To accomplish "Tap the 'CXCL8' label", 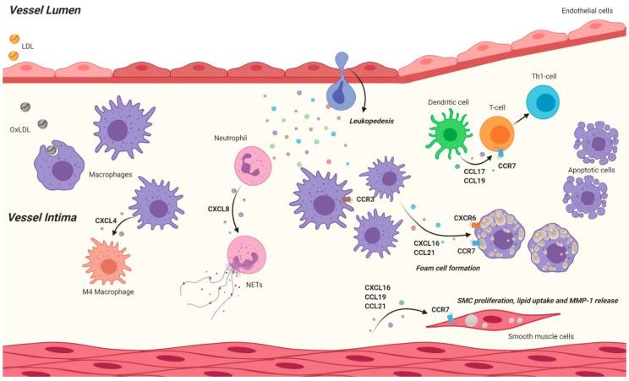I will tap(221, 207).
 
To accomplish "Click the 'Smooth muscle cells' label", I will tap(544, 335).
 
